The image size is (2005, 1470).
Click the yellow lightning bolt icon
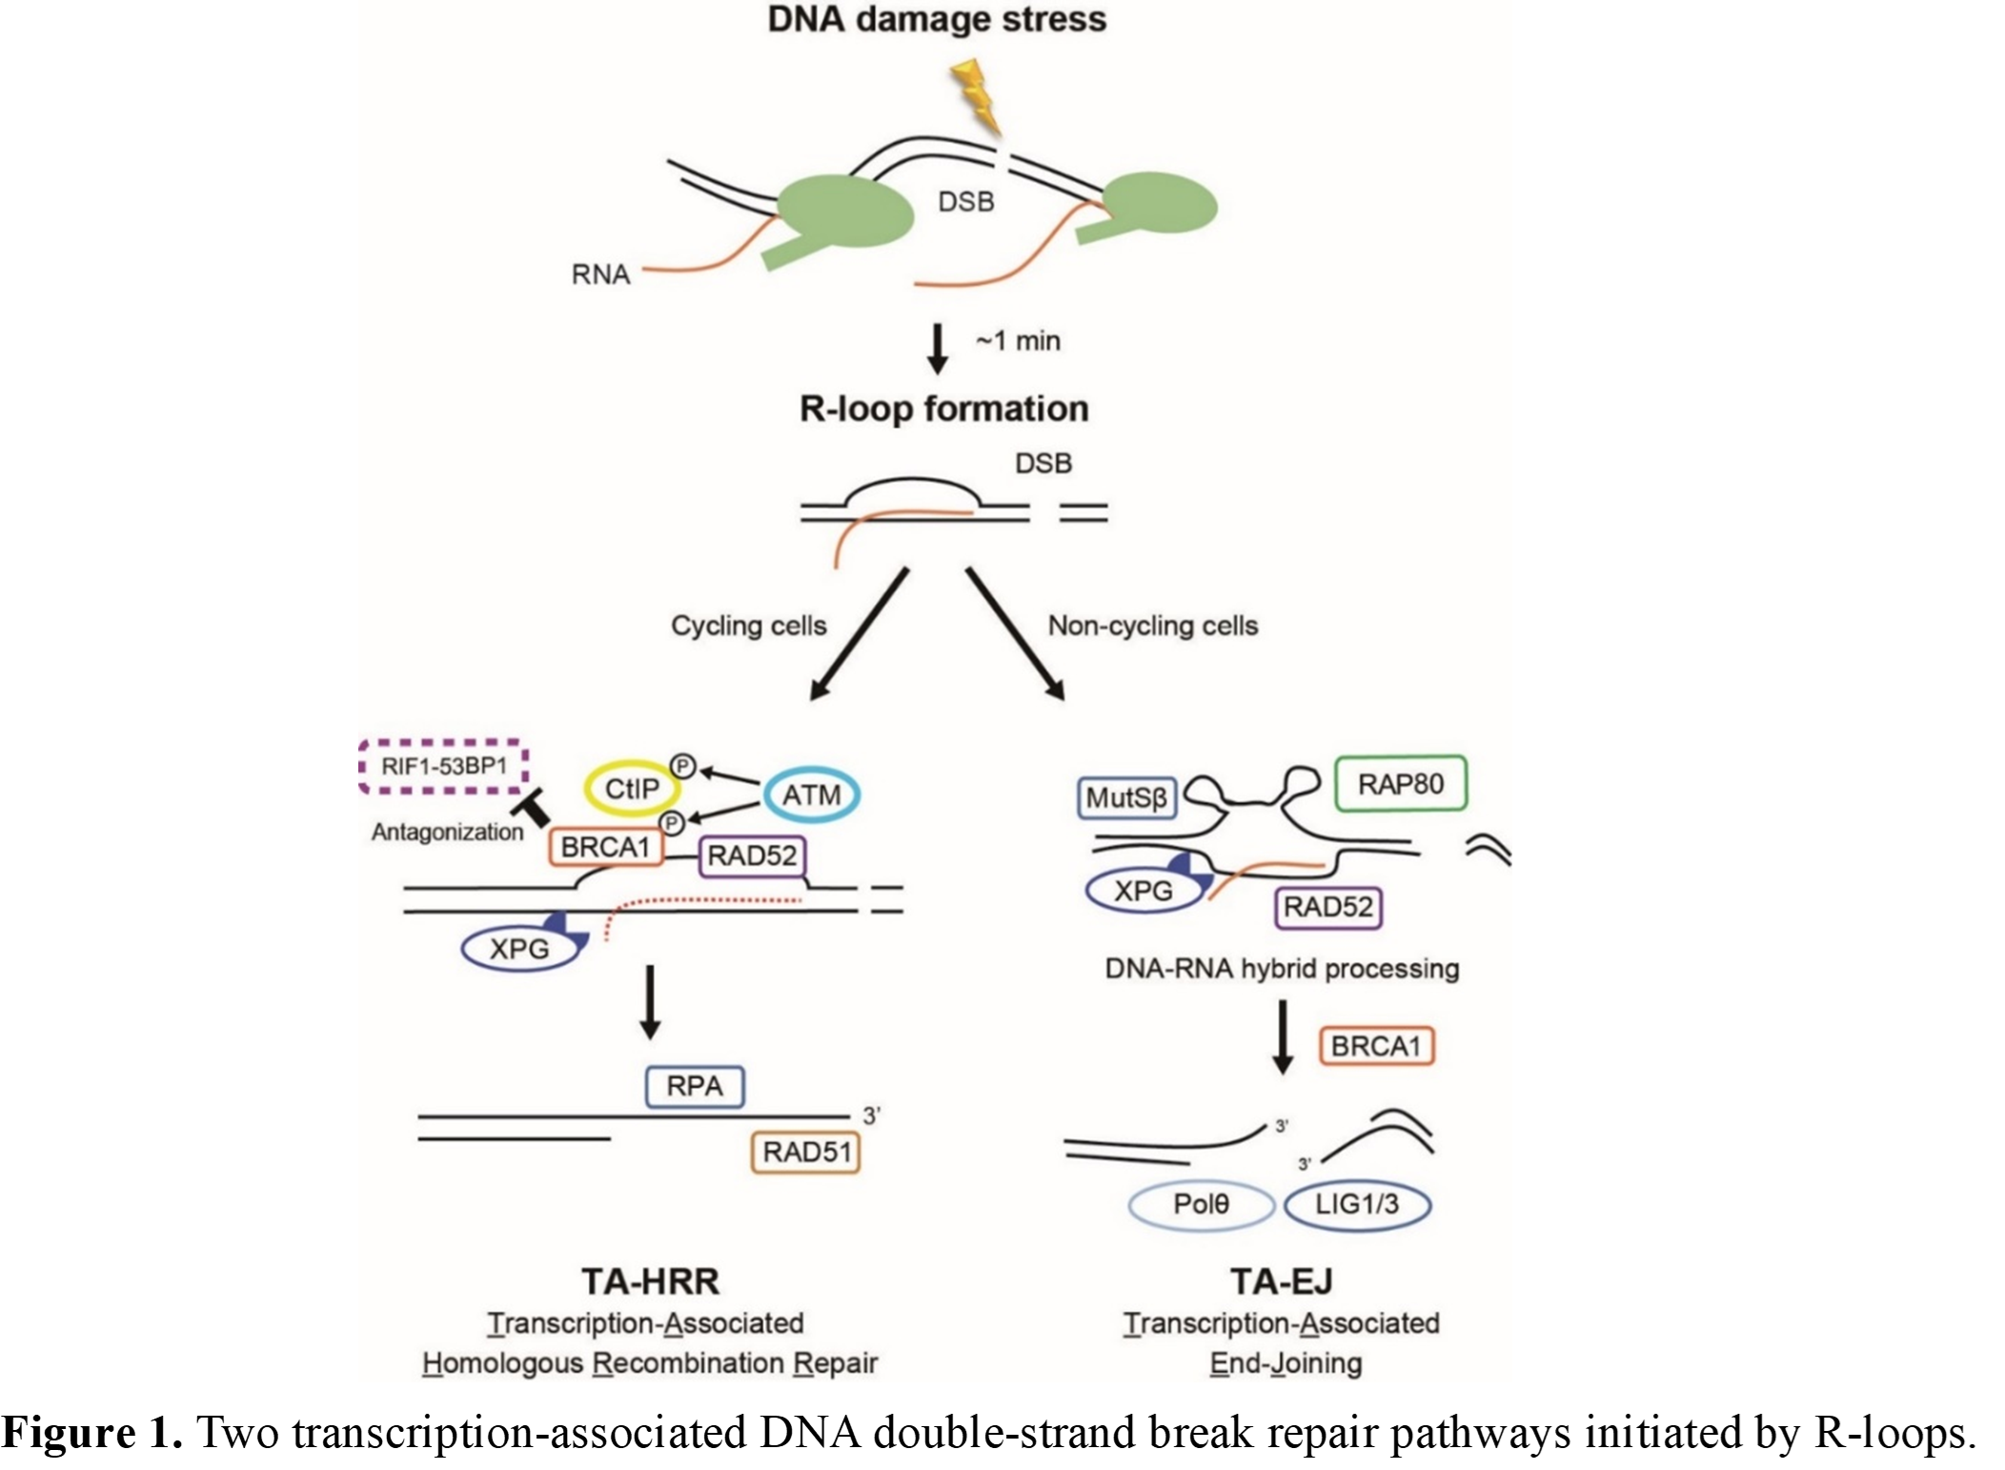pyautogui.click(x=977, y=95)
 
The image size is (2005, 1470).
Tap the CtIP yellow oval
pyautogui.click(x=632, y=789)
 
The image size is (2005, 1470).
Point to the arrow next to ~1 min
pyautogui.click(x=938, y=350)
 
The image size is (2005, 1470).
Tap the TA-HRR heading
pyautogui.click(x=651, y=1281)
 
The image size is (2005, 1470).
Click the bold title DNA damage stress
pyautogui.click(x=937, y=19)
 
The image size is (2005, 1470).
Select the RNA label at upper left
pyautogui.click(x=600, y=274)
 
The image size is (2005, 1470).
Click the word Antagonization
pyautogui.click(x=448, y=833)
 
